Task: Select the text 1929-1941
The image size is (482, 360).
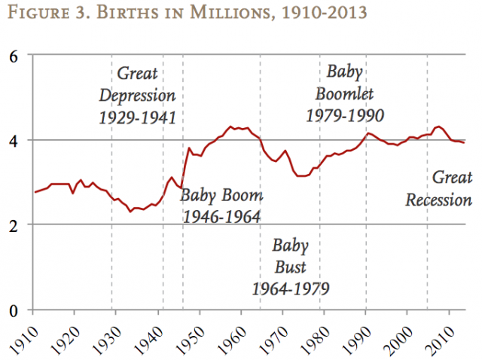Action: coord(137,117)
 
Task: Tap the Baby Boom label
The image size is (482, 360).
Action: coord(221,197)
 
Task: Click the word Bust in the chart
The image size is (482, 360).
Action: coord(290,267)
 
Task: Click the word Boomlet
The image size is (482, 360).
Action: coord(346,94)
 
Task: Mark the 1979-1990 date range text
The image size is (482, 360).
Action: coord(346,115)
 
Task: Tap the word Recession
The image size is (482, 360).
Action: coord(438,200)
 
